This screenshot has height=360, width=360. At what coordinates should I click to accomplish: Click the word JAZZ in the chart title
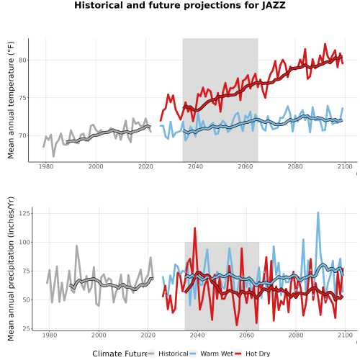click(274, 5)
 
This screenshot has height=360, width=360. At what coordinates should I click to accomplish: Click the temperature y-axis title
click(11, 100)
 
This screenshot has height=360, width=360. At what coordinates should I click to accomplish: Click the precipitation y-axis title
click(11, 269)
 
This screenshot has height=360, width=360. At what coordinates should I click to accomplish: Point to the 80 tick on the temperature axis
click(22, 60)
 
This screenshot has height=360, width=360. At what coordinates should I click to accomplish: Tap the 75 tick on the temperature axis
click(22, 98)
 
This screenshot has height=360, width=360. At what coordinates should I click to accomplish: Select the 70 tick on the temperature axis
click(22, 135)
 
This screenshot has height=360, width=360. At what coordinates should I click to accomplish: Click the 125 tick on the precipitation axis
click(24, 213)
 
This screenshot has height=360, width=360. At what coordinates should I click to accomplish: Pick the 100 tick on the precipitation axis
click(24, 242)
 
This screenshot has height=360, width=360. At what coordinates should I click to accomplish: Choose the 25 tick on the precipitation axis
click(27, 328)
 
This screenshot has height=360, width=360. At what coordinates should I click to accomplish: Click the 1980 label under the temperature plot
click(46, 166)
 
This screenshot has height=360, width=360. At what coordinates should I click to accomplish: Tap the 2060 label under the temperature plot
click(246, 166)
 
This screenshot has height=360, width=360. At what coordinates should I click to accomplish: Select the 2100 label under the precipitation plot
click(345, 335)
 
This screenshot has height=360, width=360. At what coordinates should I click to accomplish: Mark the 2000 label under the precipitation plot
click(99, 335)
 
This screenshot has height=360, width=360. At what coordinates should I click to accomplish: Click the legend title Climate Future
click(120, 354)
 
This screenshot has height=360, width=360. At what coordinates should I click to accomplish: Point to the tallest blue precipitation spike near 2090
click(318, 212)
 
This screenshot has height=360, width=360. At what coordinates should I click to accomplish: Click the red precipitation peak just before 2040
click(195, 228)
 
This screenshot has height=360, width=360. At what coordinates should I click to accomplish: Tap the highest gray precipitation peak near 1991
click(76, 246)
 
